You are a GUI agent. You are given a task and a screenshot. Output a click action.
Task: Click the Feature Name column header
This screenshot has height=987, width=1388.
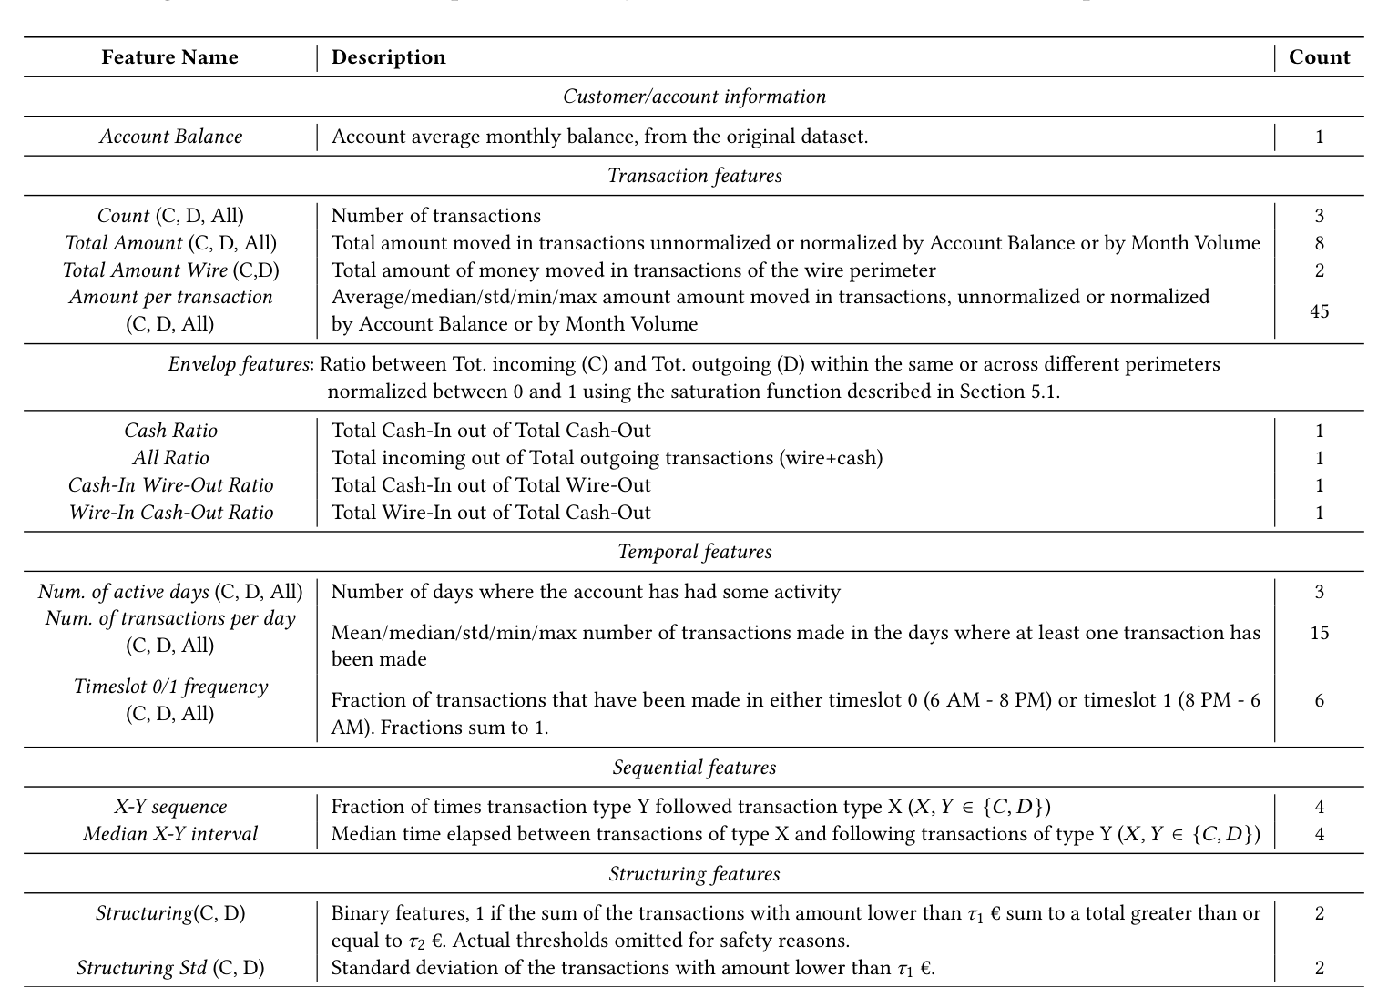169,57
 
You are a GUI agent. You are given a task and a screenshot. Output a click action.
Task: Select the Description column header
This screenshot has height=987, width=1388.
388,57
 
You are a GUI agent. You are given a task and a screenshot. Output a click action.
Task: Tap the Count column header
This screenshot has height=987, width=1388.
1319,57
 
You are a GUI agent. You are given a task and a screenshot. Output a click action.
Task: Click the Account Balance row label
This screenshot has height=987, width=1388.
171,137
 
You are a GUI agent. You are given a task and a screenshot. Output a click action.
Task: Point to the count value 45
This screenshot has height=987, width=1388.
1319,311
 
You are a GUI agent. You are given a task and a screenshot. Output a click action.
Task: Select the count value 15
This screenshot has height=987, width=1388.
1319,632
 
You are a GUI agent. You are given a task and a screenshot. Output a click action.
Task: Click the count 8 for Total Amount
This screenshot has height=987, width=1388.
1319,243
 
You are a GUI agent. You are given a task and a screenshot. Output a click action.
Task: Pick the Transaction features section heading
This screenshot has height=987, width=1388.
694,176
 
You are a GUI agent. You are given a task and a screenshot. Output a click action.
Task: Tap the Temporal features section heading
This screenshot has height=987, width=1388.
694,552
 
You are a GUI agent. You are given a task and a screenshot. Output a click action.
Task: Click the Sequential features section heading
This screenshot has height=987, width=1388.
694,768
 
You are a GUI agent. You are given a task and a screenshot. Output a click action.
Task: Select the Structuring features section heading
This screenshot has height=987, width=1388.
694,874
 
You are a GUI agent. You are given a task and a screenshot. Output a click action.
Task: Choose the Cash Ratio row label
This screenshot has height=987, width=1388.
171,431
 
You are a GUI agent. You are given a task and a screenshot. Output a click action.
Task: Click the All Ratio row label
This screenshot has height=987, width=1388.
171,458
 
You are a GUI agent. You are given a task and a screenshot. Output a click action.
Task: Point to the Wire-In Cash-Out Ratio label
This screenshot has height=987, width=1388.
171,513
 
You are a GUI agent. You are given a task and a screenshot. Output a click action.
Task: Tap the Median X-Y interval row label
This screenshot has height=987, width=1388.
171,834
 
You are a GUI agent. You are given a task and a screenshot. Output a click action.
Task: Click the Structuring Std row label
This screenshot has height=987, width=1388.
171,968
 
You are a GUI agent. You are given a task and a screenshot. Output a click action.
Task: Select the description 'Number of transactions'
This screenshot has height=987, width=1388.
435,216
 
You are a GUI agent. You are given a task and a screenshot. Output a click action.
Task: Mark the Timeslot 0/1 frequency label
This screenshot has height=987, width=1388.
171,687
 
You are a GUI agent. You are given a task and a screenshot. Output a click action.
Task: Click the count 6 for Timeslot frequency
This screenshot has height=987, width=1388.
1319,700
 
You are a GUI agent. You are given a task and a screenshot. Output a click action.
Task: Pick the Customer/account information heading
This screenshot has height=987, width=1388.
694,97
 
